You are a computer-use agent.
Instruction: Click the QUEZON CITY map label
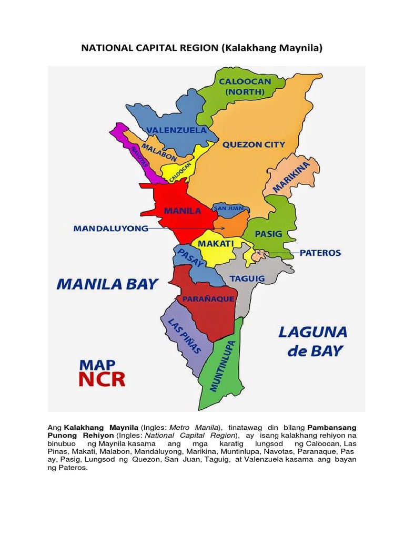[x=254, y=144]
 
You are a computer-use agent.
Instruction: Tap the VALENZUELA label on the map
[x=176, y=130]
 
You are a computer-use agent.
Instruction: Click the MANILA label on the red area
[x=183, y=211]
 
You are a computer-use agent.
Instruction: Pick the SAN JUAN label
[x=227, y=208]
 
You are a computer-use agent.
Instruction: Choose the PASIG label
[x=268, y=233]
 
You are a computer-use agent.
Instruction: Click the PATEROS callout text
[x=320, y=253]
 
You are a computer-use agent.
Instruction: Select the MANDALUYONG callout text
[x=110, y=229]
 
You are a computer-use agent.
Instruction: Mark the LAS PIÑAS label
[x=184, y=335]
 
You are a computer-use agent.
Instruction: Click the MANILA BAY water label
[x=107, y=284]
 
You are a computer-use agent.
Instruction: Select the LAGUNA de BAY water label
[x=312, y=341]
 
